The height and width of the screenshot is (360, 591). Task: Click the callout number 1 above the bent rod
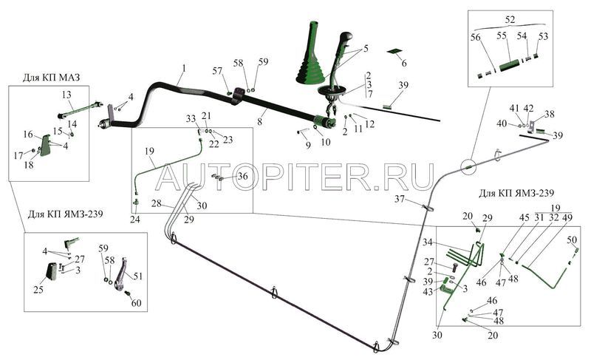182,69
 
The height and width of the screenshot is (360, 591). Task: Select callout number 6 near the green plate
404,64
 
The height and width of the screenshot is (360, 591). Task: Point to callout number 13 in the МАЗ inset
66,95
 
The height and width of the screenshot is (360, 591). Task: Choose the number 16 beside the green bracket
27,135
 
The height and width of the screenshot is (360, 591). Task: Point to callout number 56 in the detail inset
476,35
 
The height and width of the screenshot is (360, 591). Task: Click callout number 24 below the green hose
135,219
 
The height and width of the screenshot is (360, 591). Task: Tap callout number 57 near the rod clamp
217,71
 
